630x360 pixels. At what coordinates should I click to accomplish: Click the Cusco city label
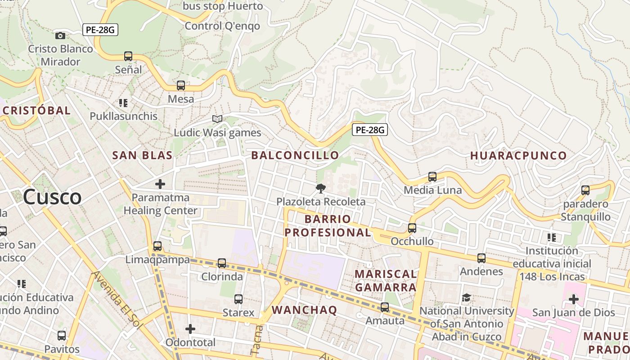click(52, 197)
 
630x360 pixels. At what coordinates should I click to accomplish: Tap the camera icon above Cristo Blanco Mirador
click(60, 36)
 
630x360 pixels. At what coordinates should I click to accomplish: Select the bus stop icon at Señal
click(128, 56)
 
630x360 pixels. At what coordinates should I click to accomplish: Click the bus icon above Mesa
click(181, 85)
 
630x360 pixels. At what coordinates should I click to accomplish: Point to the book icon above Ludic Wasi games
click(217, 119)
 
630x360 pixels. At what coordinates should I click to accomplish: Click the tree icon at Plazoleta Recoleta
click(320, 188)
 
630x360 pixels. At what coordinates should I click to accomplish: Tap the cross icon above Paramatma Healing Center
click(160, 184)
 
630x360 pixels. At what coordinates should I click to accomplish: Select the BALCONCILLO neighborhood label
click(295, 155)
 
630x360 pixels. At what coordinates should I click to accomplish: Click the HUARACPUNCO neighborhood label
click(518, 156)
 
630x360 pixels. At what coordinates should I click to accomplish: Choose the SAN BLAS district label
click(142, 155)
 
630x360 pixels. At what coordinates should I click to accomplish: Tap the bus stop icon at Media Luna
click(432, 176)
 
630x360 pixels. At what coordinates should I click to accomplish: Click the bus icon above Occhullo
click(412, 228)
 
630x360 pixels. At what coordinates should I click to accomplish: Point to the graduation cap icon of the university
click(467, 298)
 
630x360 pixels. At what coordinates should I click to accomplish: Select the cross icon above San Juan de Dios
click(573, 299)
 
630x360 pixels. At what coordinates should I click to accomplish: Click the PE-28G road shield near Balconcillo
click(369, 130)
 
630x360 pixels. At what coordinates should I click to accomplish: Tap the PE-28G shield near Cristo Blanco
click(100, 30)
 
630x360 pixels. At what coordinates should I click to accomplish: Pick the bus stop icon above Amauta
click(385, 307)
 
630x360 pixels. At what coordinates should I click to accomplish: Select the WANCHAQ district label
click(304, 310)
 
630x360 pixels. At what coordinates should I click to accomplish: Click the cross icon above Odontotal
click(190, 329)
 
